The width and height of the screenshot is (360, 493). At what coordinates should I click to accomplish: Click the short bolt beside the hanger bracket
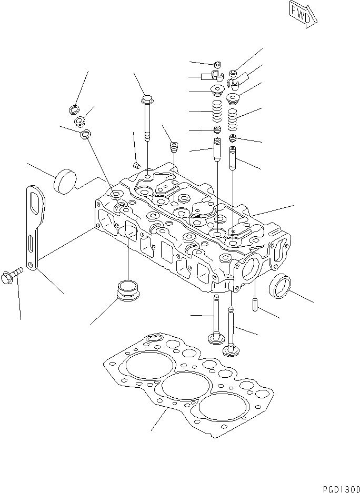tap(12, 273)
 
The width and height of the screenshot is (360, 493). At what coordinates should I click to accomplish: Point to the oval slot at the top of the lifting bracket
tap(36, 201)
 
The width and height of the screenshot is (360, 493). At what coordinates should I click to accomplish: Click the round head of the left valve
tap(216, 338)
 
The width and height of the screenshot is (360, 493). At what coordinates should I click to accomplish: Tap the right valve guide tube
tap(233, 158)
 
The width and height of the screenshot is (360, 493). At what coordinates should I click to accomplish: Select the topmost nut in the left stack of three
tap(74, 110)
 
